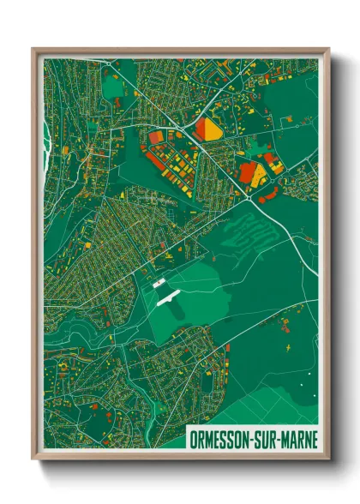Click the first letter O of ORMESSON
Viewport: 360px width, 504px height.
(194, 440)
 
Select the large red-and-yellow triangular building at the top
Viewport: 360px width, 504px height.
(207, 129)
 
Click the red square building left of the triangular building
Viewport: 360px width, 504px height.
(156, 136)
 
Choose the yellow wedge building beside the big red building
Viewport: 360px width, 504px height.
(259, 176)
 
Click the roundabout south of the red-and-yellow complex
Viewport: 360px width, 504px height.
(249, 199)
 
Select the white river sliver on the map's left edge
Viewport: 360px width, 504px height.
(45, 129)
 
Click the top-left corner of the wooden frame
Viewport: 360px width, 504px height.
(33, 49)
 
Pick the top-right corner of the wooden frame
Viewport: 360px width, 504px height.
(328, 49)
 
